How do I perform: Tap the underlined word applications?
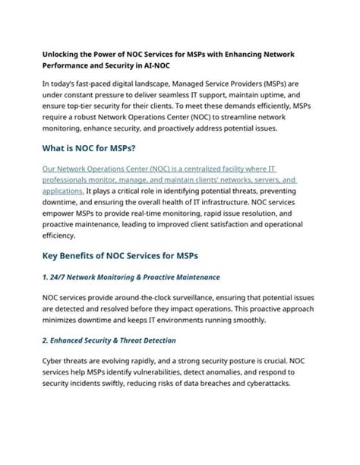tap(63, 192)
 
